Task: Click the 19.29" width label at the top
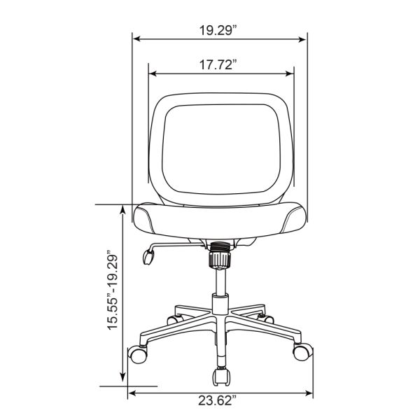218,30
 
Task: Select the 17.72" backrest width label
218,64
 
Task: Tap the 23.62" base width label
218,400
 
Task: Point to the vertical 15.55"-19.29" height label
113,290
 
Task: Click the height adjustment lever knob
148,257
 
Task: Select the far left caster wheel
138,354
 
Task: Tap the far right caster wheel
302,351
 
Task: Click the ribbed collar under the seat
220,255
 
